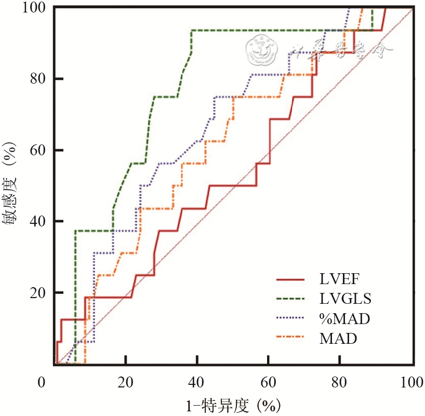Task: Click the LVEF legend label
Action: [339, 279]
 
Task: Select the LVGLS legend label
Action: [346, 299]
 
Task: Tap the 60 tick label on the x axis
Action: [268, 383]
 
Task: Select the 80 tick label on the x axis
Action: [339, 383]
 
